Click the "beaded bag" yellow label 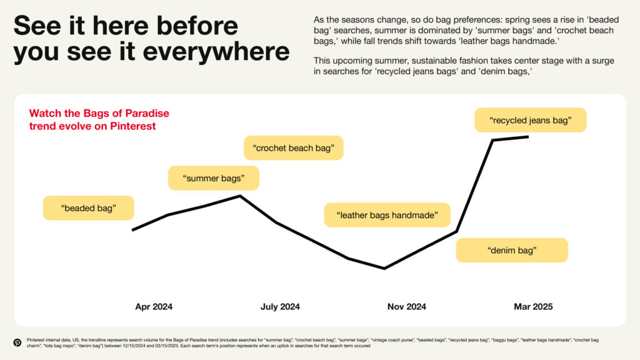pos(89,208)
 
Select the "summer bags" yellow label pos(214,178)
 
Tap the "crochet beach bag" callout pos(294,147)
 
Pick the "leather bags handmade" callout pos(387,215)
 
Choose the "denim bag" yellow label pos(512,250)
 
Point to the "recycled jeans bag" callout pos(530,120)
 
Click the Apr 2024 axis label pos(154,306)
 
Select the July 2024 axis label pos(280,306)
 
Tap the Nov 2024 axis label pos(406,306)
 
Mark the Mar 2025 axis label pos(533,306)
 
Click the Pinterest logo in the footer pos(17,342)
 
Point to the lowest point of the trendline pos(384,269)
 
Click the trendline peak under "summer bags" pos(240,196)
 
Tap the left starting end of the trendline pos(132,230)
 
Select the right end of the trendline pos(528,137)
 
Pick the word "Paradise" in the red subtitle pos(147,113)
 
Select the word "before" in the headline pos(197,25)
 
